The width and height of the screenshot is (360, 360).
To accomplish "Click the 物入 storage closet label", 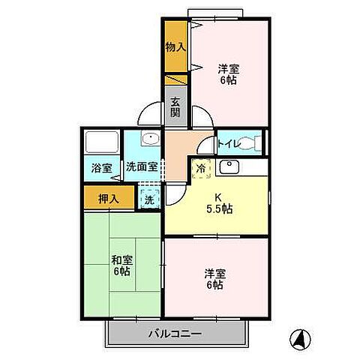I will coord(174,46).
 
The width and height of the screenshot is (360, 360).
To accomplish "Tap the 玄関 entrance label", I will coord(175,107).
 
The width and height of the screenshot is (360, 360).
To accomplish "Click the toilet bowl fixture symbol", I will coord(255,143).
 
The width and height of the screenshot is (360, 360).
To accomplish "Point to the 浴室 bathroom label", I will coord(102,168).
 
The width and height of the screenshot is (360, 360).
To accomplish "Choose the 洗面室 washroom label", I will coord(141,168).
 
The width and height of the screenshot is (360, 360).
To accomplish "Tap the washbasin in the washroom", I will coord(149,140).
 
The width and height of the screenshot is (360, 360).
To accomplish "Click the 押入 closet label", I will coord(108,199).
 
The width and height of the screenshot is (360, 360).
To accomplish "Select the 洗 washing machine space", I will coord(149,199).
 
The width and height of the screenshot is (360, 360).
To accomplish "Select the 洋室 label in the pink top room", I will coord(229,73).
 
